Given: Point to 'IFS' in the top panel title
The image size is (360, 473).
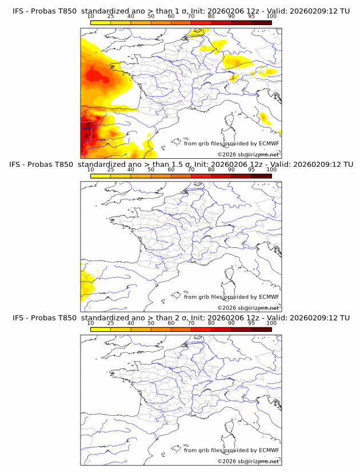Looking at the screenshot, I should [x=18, y=11].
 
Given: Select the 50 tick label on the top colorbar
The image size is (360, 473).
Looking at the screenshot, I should [x=151, y=17].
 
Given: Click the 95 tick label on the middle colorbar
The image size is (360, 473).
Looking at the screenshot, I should [x=251, y=170].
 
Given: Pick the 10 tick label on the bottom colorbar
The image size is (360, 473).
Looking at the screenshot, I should [x=91, y=323].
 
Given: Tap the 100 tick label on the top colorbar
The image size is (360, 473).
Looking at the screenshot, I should [x=271, y=17].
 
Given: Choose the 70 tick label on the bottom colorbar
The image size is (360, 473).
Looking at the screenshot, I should [x=191, y=323].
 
